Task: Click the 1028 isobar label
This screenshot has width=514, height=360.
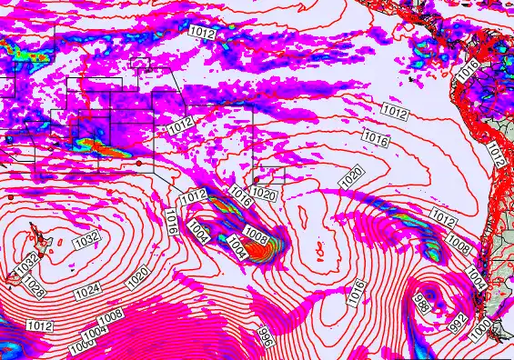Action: pos(35,288)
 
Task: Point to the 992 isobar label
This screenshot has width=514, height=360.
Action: pos(458,320)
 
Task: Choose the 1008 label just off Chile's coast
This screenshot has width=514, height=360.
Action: pos(460,245)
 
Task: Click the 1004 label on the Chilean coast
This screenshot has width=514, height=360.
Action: pos(476,271)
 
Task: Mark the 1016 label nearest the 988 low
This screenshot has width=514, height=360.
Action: pos(357,292)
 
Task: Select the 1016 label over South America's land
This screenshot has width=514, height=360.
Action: pos(469,68)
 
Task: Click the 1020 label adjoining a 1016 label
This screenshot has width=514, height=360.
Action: pos(264,194)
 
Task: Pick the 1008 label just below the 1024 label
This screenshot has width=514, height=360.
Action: pos(110,315)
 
